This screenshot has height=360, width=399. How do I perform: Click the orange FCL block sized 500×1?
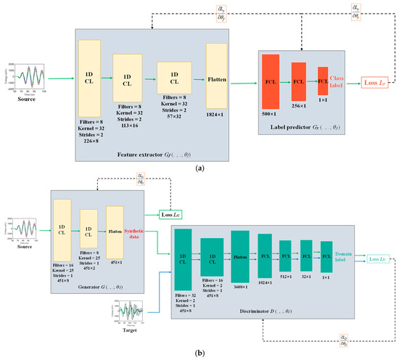(271, 83)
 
